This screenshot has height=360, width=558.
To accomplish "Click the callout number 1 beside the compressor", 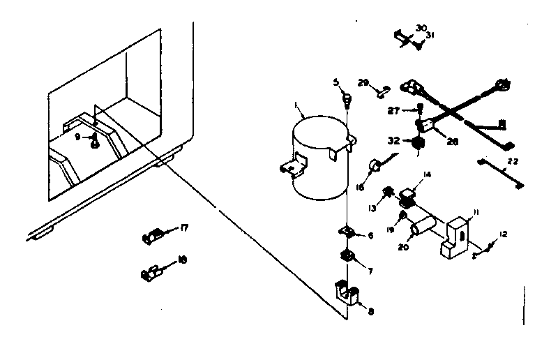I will coord(297,106).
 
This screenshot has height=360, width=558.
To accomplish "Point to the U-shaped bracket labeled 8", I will coord(348,293).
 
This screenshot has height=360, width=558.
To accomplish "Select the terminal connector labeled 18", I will coord(151,270).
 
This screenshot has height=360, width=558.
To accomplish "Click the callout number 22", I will coord(513,162).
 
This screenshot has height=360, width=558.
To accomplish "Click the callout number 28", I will coord(452,142).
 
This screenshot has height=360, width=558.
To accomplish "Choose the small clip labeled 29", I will coord(384,89).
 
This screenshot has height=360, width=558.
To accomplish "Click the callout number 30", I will coord(421,28).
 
